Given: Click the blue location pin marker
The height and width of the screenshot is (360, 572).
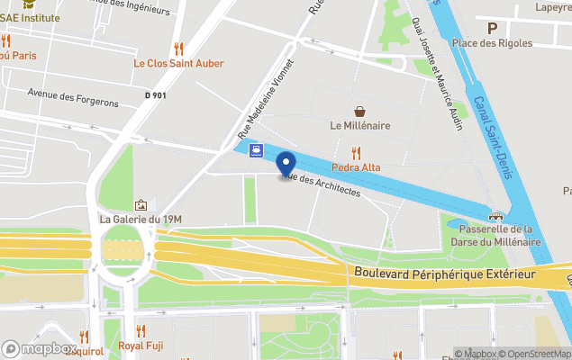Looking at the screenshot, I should tap(286, 164).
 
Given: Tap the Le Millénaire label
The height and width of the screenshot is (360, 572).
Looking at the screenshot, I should tap(359, 126).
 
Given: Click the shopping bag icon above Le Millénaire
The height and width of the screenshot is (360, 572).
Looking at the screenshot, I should tap(360, 111).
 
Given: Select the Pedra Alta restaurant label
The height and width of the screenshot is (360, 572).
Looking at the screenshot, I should tap(356, 167).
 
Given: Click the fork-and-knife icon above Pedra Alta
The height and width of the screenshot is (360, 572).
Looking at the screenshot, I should tap(356, 153).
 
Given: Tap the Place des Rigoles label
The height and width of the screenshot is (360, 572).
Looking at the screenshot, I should tap(492, 42).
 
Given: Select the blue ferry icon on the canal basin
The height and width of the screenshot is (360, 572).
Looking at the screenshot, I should tap(258, 149).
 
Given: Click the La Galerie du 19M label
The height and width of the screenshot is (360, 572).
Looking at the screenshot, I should tap(141, 219).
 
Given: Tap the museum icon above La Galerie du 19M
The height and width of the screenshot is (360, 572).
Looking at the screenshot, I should tap(141, 205).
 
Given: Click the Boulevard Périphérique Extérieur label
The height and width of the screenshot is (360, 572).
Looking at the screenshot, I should tap(445, 273).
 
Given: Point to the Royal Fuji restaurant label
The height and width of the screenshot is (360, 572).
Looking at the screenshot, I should tap(141, 346).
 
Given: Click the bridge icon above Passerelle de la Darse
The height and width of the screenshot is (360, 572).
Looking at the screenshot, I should tap(495, 216).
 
